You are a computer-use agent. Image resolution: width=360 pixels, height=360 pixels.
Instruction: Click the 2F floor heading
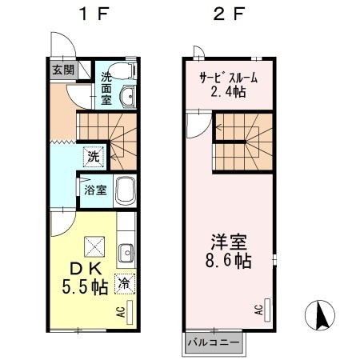click(x=229, y=14)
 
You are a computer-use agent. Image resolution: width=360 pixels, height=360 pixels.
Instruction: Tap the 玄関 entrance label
click(x=63, y=70)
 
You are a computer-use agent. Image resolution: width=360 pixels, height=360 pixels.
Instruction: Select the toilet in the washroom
click(x=123, y=71)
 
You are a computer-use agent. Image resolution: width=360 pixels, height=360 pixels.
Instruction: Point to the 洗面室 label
click(x=106, y=89)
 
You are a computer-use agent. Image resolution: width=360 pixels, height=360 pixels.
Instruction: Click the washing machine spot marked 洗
click(x=94, y=157)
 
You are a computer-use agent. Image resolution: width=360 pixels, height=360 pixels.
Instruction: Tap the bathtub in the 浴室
click(x=125, y=190)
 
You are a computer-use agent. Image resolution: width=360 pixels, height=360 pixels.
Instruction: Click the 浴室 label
click(x=95, y=190)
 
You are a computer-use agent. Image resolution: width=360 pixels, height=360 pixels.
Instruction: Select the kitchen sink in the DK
click(x=126, y=253)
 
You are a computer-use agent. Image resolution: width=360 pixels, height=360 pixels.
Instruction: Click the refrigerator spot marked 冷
click(x=125, y=284)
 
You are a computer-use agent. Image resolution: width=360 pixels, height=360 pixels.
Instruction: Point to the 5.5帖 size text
click(x=85, y=286)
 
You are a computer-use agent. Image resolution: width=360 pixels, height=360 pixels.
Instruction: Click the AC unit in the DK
click(x=130, y=313)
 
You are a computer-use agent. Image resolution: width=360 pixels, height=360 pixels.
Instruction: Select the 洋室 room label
click(x=229, y=242)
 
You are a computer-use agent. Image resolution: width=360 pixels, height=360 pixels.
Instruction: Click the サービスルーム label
click(x=229, y=78)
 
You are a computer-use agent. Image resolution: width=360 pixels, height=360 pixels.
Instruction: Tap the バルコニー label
click(x=214, y=342)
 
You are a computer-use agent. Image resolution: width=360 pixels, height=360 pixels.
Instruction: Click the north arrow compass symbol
click(x=320, y=315)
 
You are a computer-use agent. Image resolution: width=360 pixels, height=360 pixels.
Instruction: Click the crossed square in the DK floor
click(x=94, y=246)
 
